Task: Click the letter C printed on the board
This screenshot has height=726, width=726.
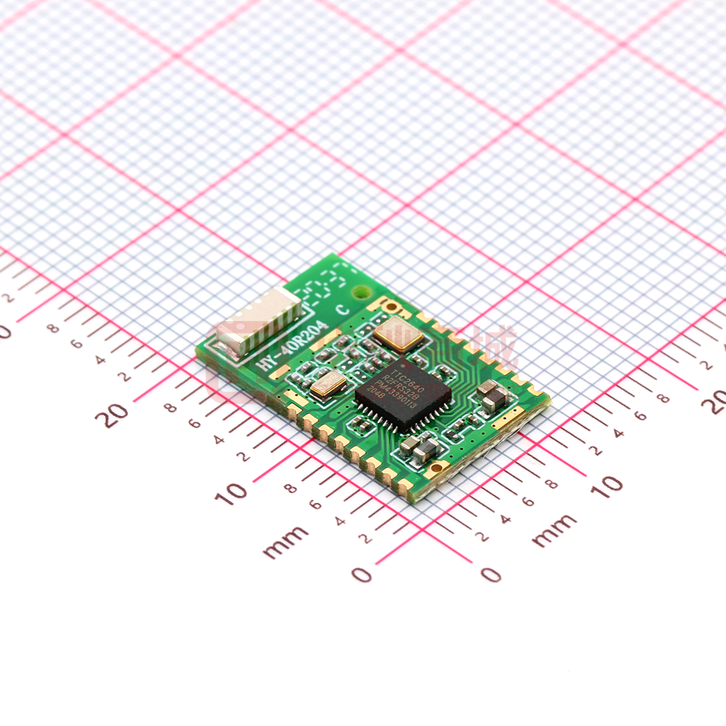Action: (342, 308)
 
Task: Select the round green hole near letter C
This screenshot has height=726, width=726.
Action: (360, 293)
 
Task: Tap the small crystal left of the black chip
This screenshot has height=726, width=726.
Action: (327, 384)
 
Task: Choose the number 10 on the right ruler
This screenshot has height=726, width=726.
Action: (606, 486)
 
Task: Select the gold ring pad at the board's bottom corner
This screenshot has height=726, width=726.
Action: (436, 470)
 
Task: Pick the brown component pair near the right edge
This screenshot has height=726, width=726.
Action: (491, 395)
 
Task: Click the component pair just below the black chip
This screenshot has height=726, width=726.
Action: (419, 449)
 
